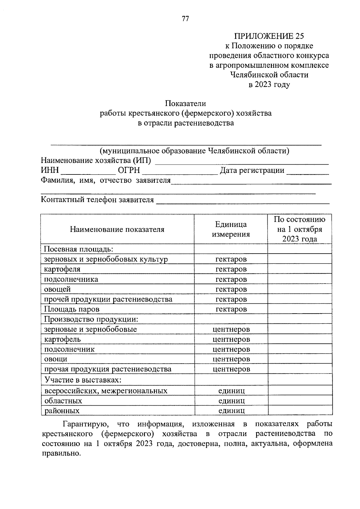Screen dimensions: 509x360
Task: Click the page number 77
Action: [185, 19]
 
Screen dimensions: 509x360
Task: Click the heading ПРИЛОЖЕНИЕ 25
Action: [269, 36]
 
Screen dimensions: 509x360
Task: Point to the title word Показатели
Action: [185, 103]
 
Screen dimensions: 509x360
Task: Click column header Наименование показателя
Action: [117, 229]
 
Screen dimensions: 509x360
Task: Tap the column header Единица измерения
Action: [231, 229]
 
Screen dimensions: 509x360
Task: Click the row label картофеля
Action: [62, 269]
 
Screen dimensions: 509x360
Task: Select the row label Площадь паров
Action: [72, 309]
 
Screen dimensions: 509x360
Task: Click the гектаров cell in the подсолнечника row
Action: [231, 279]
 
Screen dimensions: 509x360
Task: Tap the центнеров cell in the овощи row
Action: [231, 359]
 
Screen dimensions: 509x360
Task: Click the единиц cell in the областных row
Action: [231, 400]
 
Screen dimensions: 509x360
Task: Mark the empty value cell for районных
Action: [300, 410]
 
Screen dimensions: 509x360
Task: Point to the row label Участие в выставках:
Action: [82, 380]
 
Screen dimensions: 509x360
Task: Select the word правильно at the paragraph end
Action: [61, 453]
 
